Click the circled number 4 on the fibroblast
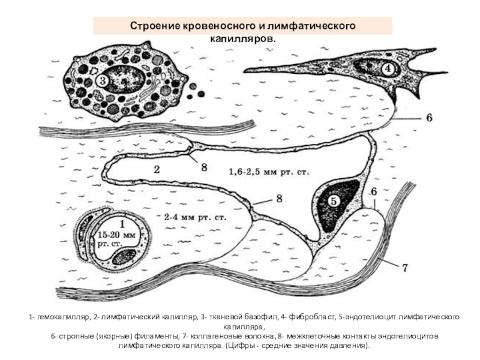coord(388,68)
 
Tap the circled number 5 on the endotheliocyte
coord(333,202)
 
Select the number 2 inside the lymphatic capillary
coord(156,169)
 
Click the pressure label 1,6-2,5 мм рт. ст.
coord(268,172)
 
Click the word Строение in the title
coord(152,27)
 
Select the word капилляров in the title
coord(242,38)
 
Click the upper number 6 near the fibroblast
coord(428,118)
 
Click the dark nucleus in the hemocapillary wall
coord(124,257)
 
